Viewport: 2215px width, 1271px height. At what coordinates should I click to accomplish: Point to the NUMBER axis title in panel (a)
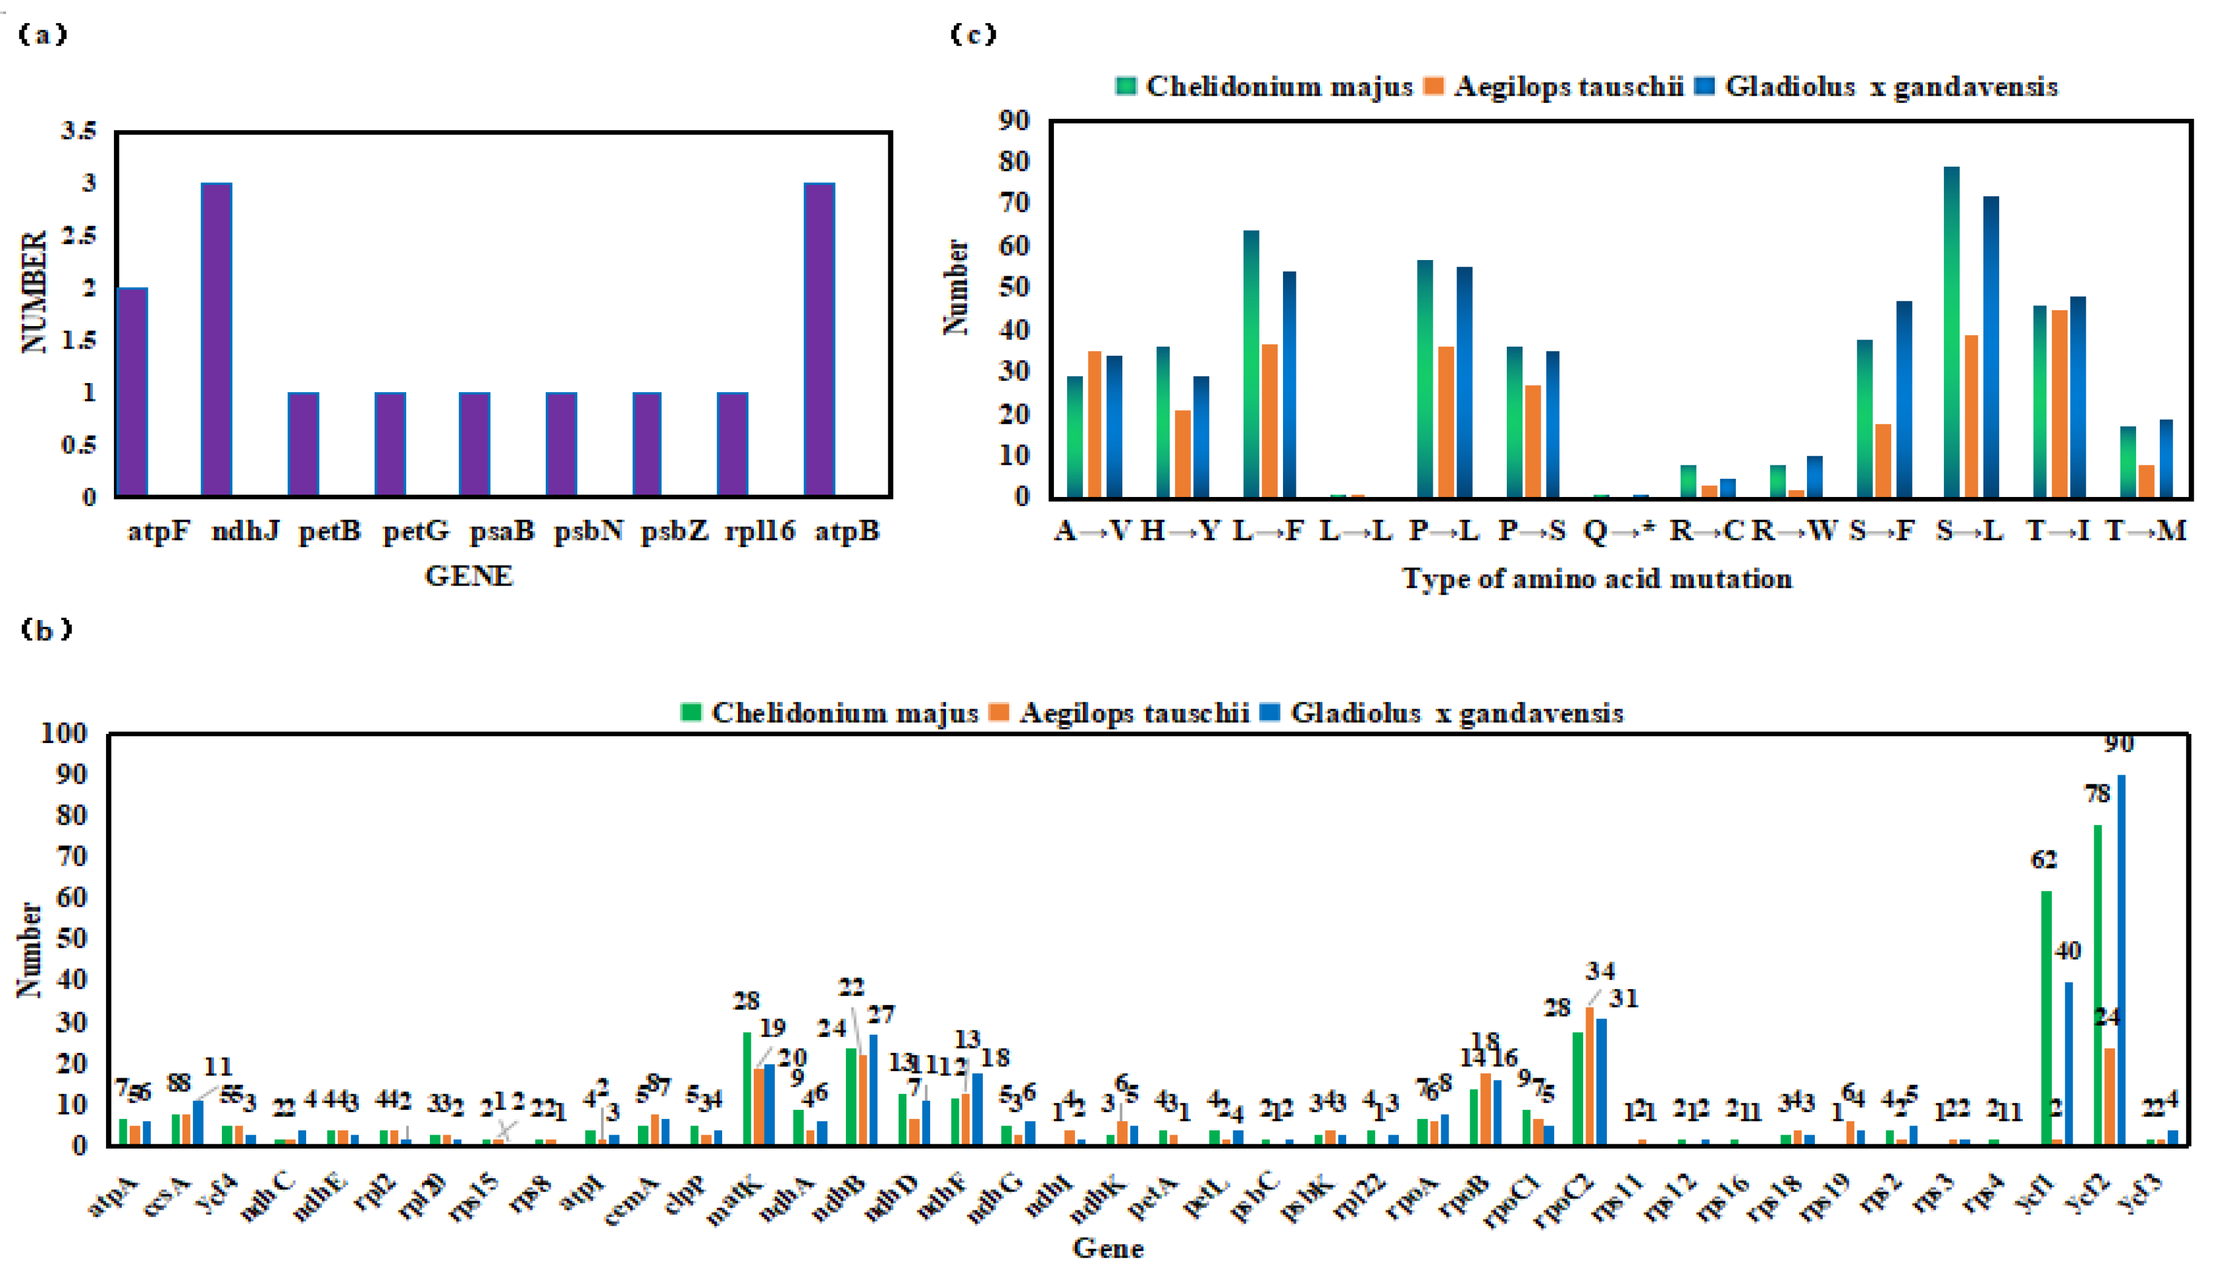pyautogui.click(x=33, y=292)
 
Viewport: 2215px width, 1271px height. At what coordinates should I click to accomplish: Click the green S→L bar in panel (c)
pyautogui.click(x=1951, y=332)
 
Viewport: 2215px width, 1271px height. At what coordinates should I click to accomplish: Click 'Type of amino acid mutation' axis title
pyautogui.click(x=1597, y=579)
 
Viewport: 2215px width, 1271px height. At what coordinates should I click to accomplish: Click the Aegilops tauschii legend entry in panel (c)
pyautogui.click(x=1554, y=87)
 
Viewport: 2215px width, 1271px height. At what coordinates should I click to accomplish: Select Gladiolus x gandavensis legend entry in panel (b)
pyautogui.click(x=1444, y=713)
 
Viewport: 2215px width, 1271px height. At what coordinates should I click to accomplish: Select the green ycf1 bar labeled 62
pyautogui.click(x=2046, y=1017)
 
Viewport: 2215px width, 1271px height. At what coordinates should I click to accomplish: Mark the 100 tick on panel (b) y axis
pyautogui.click(x=64, y=733)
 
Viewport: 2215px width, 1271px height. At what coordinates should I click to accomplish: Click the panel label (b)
pyautogui.click(x=45, y=629)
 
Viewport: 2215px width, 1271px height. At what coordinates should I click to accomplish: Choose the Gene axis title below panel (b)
pyautogui.click(x=1107, y=1249)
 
